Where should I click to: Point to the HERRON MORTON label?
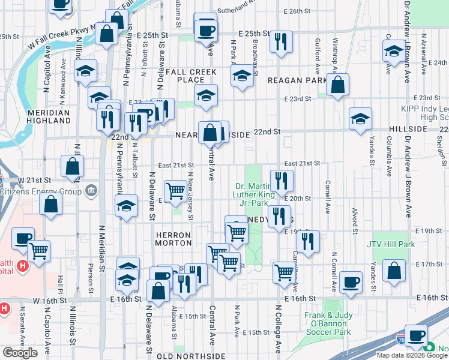point(173,238)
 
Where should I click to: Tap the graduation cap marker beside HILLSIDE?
point(360,119)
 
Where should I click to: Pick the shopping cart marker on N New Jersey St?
point(175,191)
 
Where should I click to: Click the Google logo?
point(20,352)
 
